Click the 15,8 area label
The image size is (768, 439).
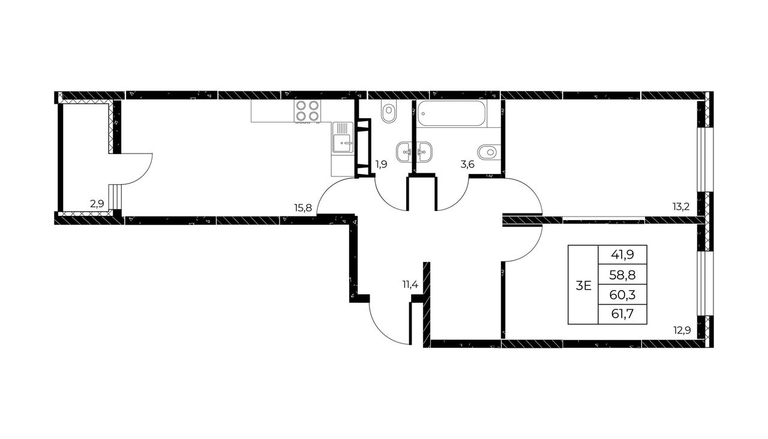click(303, 208)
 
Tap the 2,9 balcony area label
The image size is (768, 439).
click(97, 205)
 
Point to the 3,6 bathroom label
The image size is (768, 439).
click(467, 164)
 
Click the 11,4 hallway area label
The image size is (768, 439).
click(410, 284)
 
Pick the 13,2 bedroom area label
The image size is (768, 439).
click(681, 207)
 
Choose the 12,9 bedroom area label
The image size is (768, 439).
click(682, 330)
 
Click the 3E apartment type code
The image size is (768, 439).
click(583, 285)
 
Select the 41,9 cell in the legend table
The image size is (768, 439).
click(622, 255)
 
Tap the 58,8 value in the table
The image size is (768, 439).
click(622, 275)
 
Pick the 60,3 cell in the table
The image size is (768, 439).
click(622, 294)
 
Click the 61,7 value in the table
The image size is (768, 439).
click(622, 314)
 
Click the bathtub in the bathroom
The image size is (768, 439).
click(451, 113)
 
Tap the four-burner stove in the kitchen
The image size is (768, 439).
click(307, 111)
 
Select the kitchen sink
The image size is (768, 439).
click(343, 137)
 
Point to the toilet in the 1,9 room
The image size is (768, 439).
click(389, 111)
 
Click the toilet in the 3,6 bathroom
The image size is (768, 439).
click(489, 152)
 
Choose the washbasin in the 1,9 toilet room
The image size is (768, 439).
click(404, 152)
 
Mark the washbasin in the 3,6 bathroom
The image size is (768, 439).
click(424, 152)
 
